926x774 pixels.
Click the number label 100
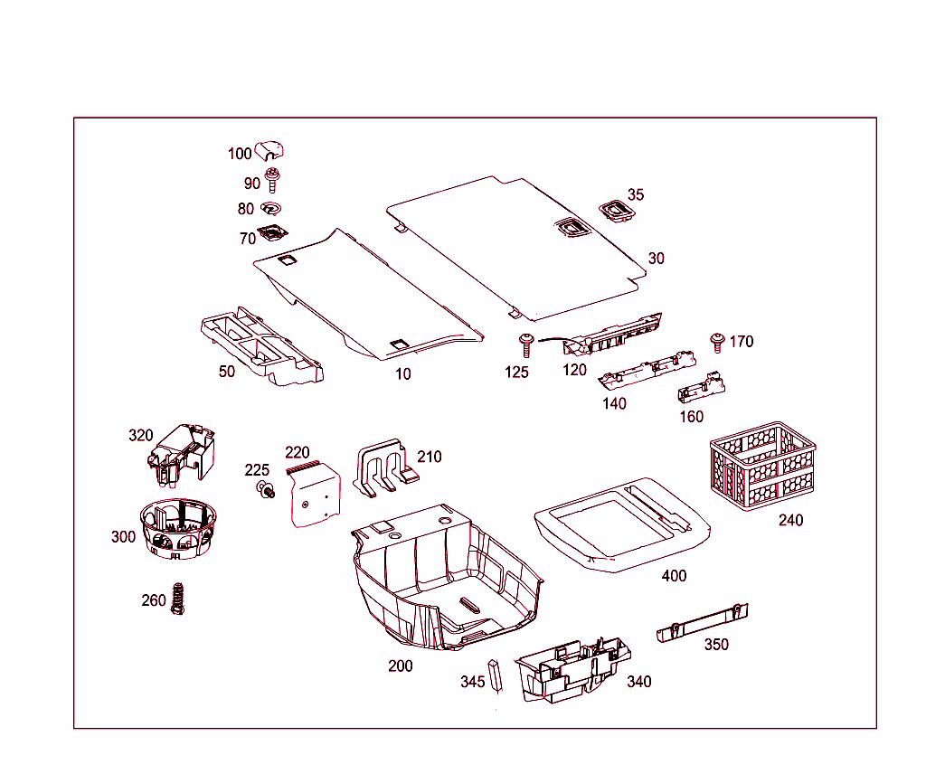click(240, 154)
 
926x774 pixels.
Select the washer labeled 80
click(272, 208)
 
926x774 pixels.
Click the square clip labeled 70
click(271, 234)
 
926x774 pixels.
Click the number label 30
click(656, 259)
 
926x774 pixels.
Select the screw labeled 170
click(718, 342)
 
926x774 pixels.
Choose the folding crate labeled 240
click(762, 465)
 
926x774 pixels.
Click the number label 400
click(674, 576)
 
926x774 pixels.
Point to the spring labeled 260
click(178, 598)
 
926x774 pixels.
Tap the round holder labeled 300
click(178, 529)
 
